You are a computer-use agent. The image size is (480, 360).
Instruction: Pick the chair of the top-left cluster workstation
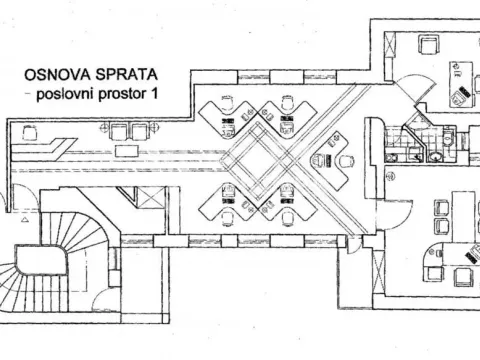pyautogui.click(x=227, y=104)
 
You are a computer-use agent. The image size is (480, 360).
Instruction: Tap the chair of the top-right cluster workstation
pyautogui.click(x=287, y=104)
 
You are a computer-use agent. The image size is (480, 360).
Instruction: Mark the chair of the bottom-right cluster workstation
pyautogui.click(x=287, y=214)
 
